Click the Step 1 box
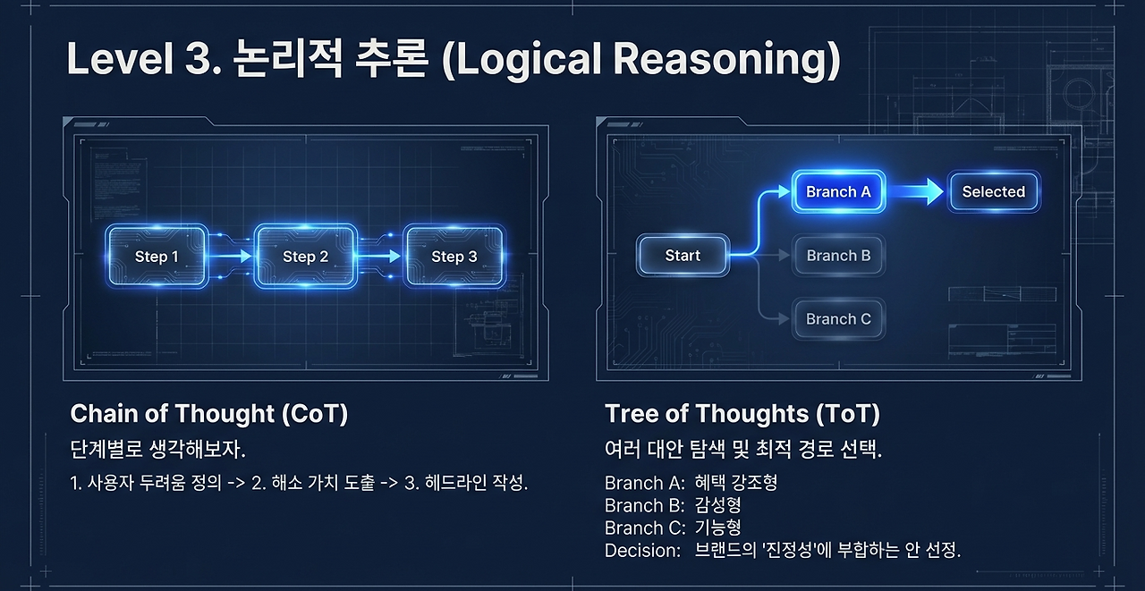157,257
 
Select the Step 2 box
306,257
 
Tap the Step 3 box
454,257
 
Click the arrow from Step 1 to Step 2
231,257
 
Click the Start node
683,256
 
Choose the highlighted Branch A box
838,191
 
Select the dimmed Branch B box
838,256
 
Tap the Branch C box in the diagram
838,319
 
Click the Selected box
994,191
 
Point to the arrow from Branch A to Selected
915,192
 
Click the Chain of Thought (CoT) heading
209,413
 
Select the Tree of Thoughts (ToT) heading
742,413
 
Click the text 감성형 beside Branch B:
717,505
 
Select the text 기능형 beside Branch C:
717,528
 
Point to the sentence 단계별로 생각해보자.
158,450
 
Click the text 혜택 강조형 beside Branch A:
736,483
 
